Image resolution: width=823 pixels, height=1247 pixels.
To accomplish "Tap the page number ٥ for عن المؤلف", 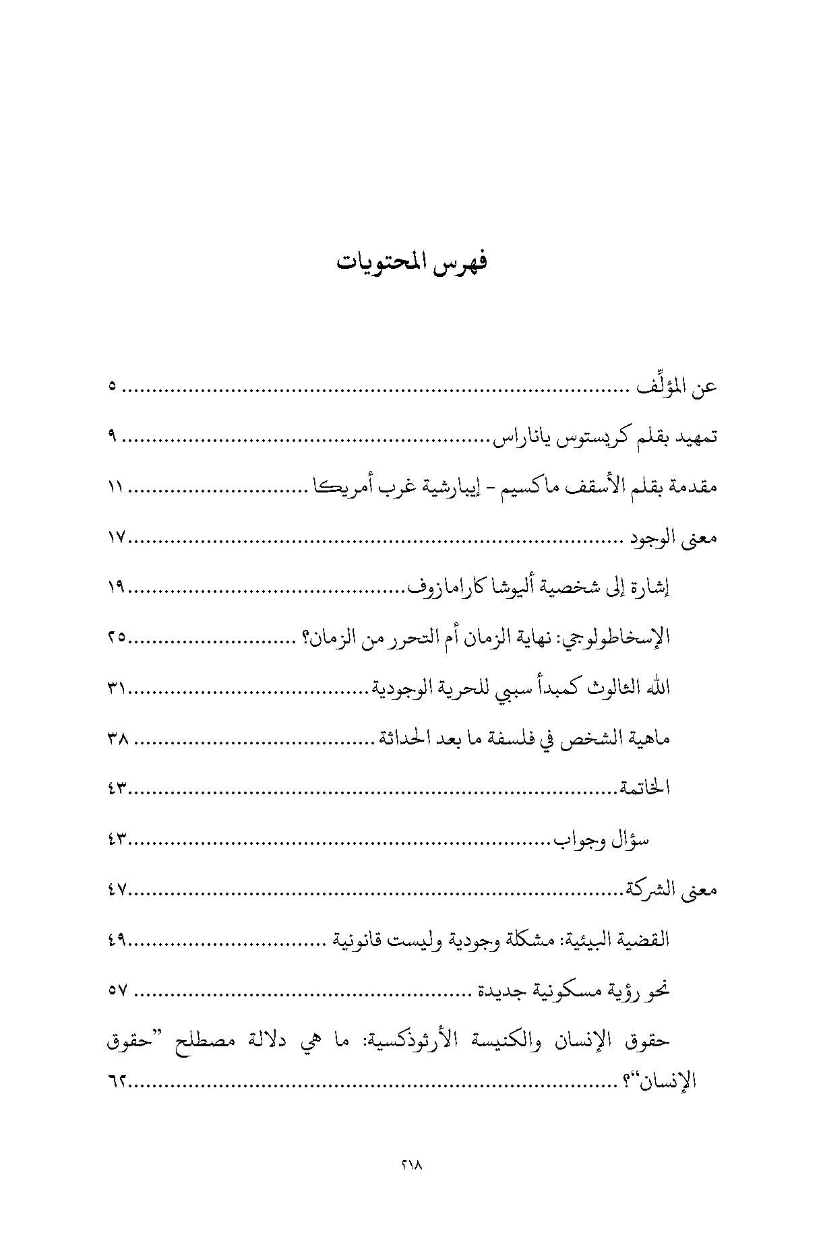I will (x=112, y=387).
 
